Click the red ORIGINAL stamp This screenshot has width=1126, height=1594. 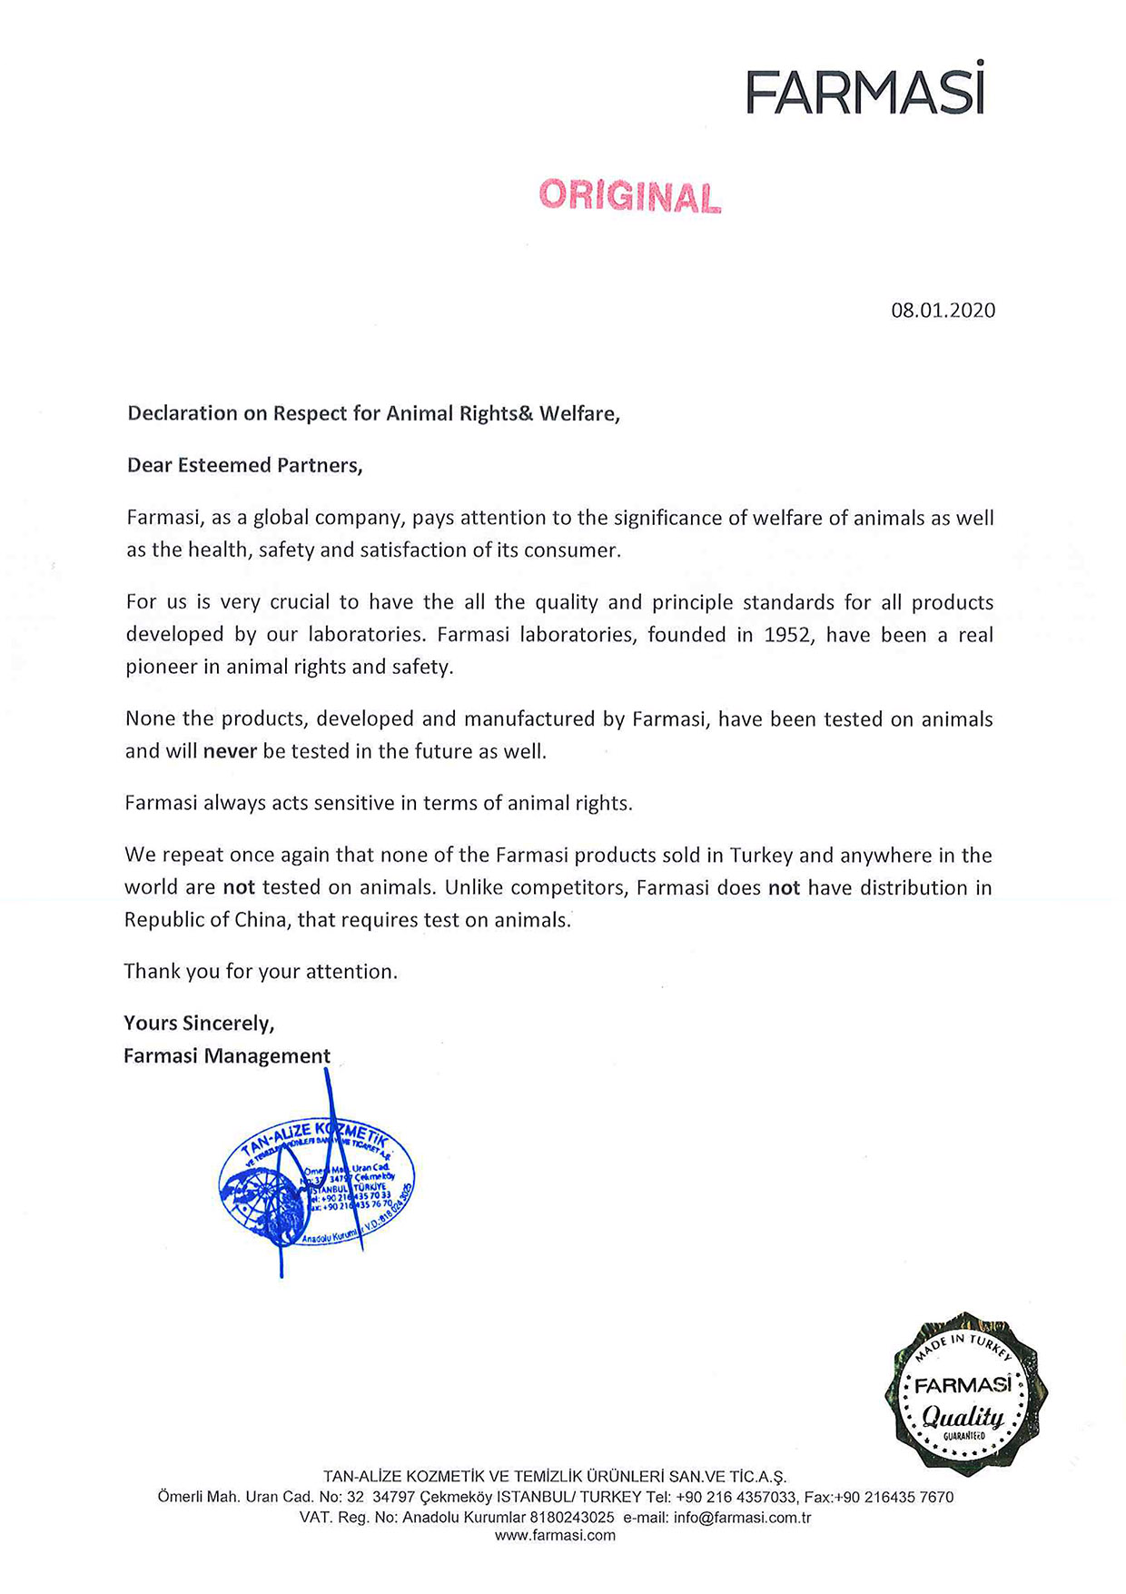point(630,196)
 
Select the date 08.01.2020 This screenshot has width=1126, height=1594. point(943,311)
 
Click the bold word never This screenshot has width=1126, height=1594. point(230,751)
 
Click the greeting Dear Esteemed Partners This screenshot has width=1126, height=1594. point(244,465)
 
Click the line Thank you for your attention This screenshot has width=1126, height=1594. point(261,971)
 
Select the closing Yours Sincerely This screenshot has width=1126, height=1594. point(199,1024)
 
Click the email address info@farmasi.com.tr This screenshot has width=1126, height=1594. point(742,1518)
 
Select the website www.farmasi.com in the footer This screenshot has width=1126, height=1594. point(555,1536)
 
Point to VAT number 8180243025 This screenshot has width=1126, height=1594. point(571,1518)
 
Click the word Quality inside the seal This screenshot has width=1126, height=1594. point(963,1416)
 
